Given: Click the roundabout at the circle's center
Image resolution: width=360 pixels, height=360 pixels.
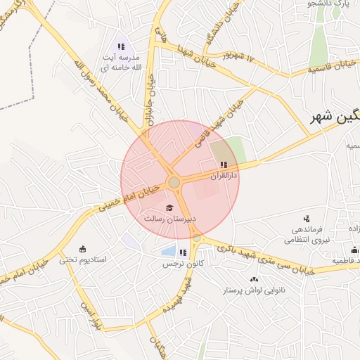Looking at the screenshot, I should click(174, 183).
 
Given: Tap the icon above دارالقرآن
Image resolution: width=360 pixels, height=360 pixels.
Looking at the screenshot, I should click(224, 165).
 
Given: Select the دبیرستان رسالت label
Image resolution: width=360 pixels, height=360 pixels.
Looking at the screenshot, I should click(169, 219).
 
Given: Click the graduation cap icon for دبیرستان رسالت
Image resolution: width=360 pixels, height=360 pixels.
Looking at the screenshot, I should click(169, 207).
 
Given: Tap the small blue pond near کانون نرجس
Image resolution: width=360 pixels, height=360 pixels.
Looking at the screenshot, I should click(168, 250).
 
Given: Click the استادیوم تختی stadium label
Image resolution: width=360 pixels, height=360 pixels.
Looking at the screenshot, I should click(82, 259).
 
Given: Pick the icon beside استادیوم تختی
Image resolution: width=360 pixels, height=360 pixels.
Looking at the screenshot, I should click(82, 248).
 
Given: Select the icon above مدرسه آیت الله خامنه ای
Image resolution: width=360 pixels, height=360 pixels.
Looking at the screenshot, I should click(121, 46).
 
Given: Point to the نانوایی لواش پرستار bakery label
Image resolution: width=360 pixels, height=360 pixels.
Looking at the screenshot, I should click(252, 290).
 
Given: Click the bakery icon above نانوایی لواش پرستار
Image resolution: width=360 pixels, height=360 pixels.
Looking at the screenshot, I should click(253, 279).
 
